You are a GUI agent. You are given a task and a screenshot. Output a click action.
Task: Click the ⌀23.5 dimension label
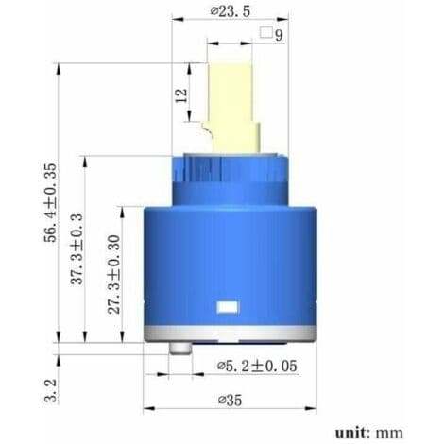(x=231, y=11)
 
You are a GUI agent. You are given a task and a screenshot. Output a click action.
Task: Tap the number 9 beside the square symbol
(x=279, y=35)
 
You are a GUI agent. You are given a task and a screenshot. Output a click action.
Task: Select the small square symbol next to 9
(x=266, y=33)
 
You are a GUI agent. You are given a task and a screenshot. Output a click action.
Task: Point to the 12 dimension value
(x=181, y=95)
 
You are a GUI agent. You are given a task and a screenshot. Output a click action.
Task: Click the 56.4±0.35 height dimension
(x=51, y=202)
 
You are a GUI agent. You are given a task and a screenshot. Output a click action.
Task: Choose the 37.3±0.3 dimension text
(x=77, y=248)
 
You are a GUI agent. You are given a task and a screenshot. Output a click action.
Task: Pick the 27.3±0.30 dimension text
(x=114, y=274)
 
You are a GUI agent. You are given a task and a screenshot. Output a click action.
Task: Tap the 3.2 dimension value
(x=51, y=390)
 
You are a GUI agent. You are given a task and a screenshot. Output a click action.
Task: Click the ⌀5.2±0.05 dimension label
(x=257, y=366)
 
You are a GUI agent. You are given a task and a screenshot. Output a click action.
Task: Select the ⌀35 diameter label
(x=231, y=401)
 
